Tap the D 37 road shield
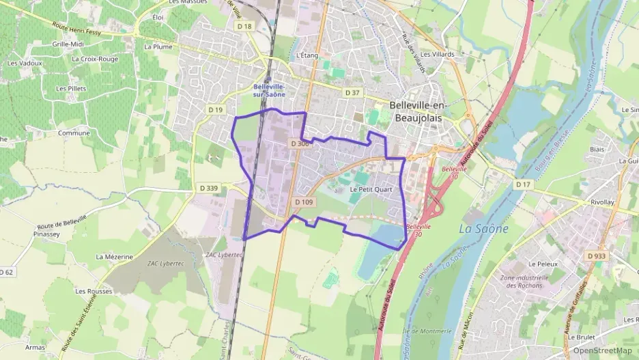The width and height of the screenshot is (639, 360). [352, 92]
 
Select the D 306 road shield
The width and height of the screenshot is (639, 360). [300, 143]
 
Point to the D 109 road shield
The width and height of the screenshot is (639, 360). [304, 202]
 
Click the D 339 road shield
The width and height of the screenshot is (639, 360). [209, 187]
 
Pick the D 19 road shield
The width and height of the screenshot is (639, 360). [216, 109]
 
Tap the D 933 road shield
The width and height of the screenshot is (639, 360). [596, 255]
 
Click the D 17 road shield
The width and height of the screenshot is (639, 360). [523, 184]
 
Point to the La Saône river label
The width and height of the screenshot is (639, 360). [483, 229]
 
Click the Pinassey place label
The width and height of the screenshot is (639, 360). [46, 233]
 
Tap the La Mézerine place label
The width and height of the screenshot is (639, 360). [114, 257]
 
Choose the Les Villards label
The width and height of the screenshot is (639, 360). [437, 54]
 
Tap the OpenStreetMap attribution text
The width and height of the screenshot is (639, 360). [602, 350]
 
